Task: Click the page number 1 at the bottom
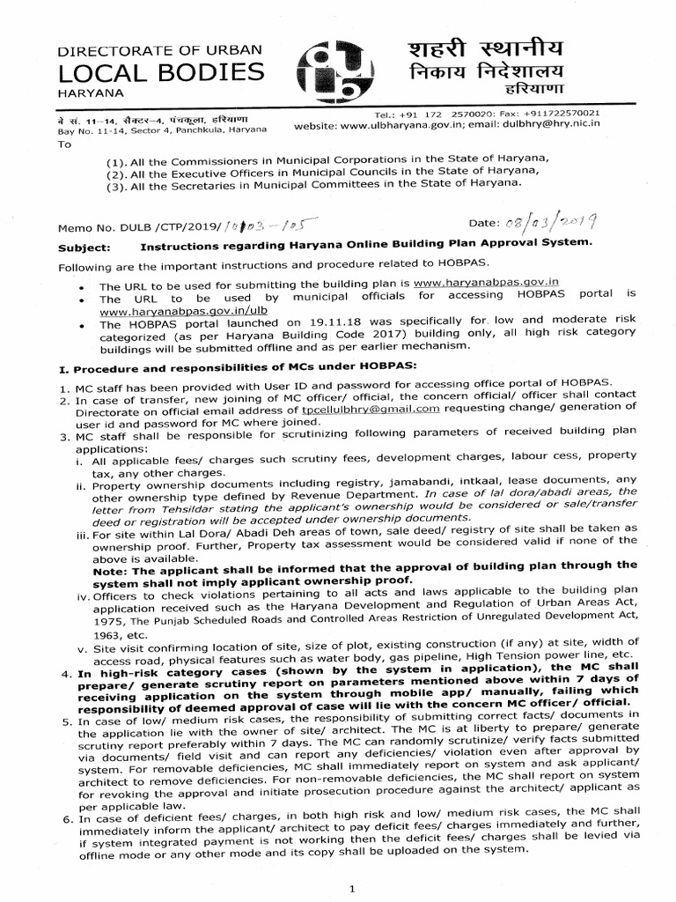pos(351,889)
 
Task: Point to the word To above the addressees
pos(63,144)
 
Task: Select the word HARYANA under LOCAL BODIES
pos(92,92)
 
